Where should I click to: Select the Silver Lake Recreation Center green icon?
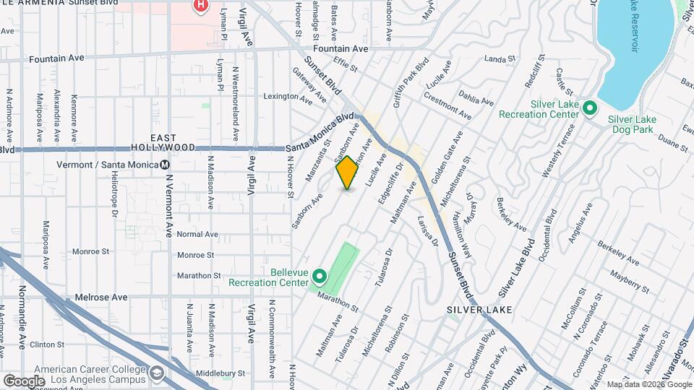(x=589, y=109)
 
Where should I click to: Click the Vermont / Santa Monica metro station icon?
(x=165, y=165)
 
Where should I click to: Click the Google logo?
(x=24, y=381)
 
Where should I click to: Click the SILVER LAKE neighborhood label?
(x=479, y=309)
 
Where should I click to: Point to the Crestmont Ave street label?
(x=447, y=105)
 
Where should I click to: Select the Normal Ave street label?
(x=197, y=234)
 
